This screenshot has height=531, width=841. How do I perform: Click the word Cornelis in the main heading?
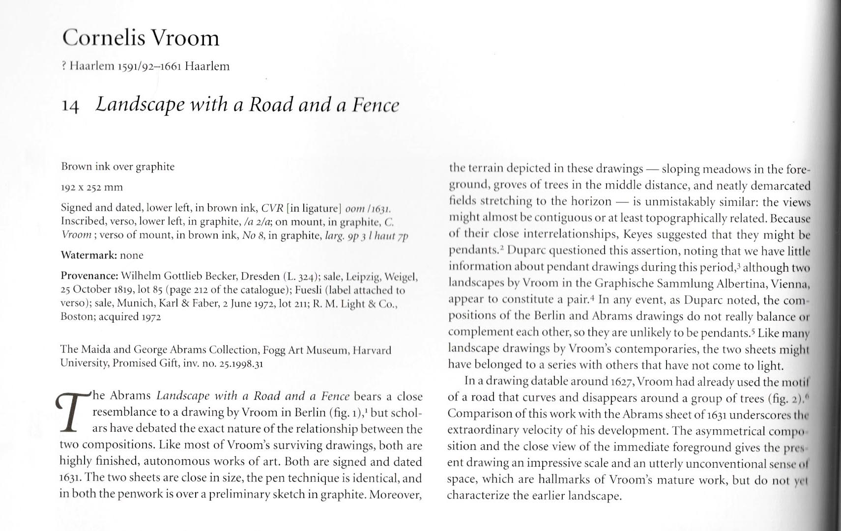(x=103, y=38)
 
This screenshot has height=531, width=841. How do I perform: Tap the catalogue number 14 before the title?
(x=70, y=106)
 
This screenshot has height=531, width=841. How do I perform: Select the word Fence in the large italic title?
(x=375, y=105)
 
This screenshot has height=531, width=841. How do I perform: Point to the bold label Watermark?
(x=88, y=255)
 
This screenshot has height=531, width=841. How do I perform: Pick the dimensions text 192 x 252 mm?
(x=92, y=187)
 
